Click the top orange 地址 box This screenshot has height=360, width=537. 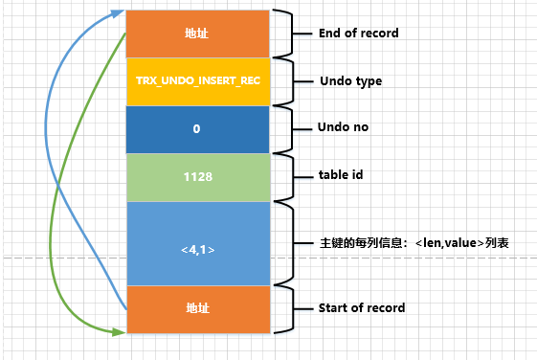(x=196, y=34)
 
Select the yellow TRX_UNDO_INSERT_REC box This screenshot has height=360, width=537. (x=196, y=81)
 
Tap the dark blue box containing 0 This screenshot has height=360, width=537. (x=196, y=128)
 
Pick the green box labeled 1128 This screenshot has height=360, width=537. (x=196, y=176)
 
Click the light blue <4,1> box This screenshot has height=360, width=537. (x=196, y=243)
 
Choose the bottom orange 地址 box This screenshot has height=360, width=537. (x=196, y=308)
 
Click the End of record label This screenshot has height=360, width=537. (x=358, y=34)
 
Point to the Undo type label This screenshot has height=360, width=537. (x=350, y=81)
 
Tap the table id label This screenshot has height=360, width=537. (x=340, y=176)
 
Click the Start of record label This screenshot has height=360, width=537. (x=361, y=308)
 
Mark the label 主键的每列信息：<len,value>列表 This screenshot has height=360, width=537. (x=413, y=243)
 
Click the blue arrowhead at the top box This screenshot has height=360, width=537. (x=119, y=13)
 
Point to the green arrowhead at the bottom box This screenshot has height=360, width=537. (x=119, y=331)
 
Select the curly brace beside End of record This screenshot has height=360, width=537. (x=283, y=34)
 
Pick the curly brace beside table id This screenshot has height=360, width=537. (x=283, y=176)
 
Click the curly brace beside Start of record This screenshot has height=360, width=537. (x=283, y=308)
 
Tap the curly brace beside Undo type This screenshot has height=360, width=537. (x=283, y=81)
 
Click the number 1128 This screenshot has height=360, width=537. (x=196, y=176)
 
